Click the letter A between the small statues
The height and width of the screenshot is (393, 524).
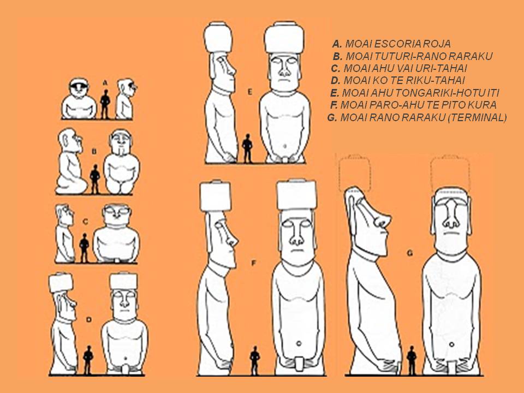pos(105,82)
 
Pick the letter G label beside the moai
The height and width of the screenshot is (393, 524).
pos(410,253)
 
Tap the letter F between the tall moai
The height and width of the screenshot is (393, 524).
pos(253,263)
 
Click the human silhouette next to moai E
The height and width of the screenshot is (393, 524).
pos(247,148)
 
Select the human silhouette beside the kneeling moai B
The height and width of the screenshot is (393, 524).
pos(95,179)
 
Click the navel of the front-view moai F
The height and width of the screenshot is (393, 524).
pos(299,343)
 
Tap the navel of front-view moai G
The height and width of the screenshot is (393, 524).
pos(451,344)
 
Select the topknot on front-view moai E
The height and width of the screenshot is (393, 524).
pos(284,38)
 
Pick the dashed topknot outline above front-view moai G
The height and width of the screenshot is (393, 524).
pos(450,172)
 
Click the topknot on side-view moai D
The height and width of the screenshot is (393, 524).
pos(61,282)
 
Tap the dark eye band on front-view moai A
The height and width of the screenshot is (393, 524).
pos(79,85)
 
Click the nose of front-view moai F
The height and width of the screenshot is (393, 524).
pos(296,237)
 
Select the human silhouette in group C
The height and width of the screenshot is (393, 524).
pos(84,248)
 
